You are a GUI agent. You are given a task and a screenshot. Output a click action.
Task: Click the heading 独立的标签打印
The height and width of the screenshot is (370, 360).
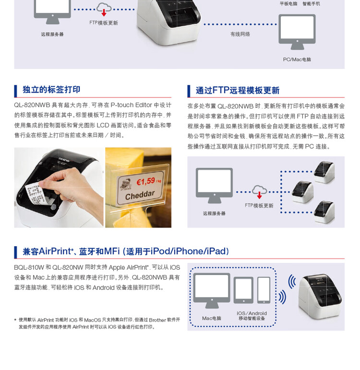click(51, 90)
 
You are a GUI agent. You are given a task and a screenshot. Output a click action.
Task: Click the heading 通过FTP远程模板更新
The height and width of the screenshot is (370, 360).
click(237, 91)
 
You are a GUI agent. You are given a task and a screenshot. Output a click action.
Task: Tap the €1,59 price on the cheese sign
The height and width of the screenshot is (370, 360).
click(146, 181)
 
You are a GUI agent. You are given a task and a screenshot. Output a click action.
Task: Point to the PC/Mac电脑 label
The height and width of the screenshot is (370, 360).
click(297, 60)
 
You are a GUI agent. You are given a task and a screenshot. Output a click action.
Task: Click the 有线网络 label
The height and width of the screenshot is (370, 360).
click(240, 34)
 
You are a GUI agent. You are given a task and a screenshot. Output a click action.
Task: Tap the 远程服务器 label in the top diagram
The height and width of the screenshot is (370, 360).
click(52, 34)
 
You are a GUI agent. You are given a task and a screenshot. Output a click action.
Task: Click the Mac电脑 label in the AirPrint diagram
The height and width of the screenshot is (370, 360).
click(212, 318)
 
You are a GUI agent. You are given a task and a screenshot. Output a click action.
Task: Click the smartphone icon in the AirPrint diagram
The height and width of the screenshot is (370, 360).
click(264, 290)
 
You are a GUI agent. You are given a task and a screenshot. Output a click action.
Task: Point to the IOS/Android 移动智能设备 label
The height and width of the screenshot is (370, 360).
click(252, 316)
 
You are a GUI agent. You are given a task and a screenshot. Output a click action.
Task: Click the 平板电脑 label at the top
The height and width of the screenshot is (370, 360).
click(288, 4)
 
